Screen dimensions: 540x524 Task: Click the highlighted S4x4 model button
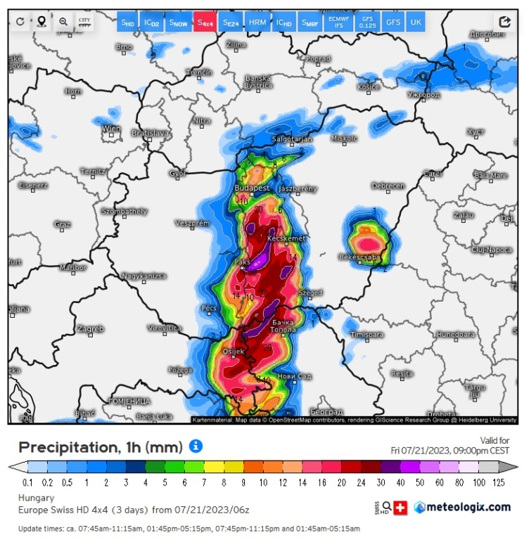tap(205, 22)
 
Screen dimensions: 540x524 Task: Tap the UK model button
tap(416, 22)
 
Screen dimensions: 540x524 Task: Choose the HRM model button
tap(258, 22)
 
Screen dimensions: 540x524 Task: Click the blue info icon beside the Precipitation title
tap(196, 446)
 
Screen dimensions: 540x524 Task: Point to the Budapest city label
tap(253, 188)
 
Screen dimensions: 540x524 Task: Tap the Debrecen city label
tap(388, 186)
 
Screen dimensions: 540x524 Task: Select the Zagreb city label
tap(91, 328)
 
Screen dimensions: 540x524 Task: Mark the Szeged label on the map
tap(310, 292)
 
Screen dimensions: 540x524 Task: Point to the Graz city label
tap(63, 224)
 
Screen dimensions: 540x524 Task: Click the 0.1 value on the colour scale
tap(28, 482)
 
